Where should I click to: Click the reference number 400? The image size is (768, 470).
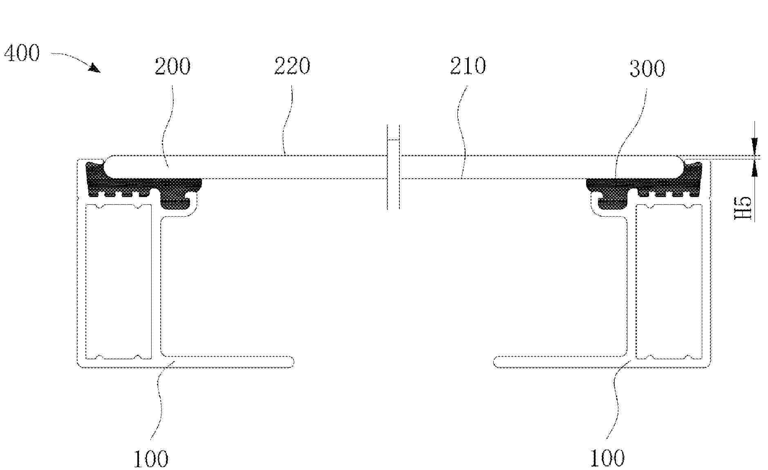(x=22, y=53)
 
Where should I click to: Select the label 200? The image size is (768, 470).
(x=172, y=66)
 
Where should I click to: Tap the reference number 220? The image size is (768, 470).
(x=292, y=66)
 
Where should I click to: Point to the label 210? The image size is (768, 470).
(x=468, y=66)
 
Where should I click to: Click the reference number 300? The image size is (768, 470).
(x=647, y=69)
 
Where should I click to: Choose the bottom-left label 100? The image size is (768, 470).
(x=151, y=459)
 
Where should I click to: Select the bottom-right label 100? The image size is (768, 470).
(x=608, y=458)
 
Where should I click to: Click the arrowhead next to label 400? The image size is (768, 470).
(x=95, y=68)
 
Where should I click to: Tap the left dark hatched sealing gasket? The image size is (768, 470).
(x=139, y=186)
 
